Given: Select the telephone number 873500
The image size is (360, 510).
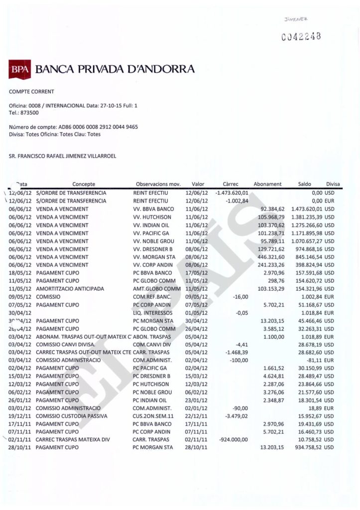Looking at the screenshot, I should click(x=27, y=113).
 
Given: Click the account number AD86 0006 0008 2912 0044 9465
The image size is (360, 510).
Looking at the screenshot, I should click(x=92, y=127).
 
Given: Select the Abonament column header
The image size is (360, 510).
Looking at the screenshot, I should click(x=267, y=184).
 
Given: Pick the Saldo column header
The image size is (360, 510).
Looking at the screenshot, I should click(x=304, y=184).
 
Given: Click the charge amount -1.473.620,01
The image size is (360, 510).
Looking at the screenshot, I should click(x=232, y=193).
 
